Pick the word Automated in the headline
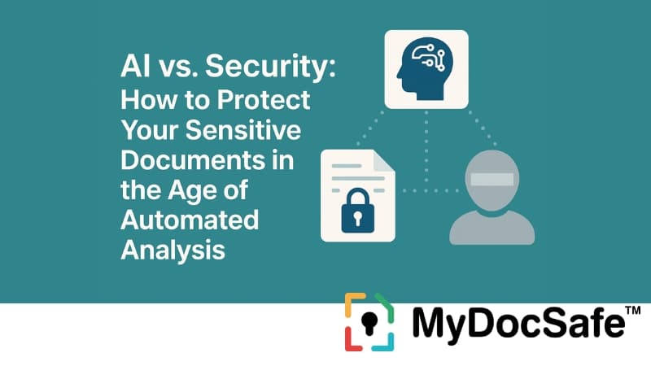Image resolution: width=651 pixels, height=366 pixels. [x=190, y=220]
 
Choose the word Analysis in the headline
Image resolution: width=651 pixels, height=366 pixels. [x=173, y=250]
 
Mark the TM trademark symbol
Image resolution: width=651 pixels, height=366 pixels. [x=632, y=310]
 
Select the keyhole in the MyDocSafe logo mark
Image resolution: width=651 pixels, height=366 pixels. [x=369, y=321]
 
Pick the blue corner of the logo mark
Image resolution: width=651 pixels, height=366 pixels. [x=387, y=343]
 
